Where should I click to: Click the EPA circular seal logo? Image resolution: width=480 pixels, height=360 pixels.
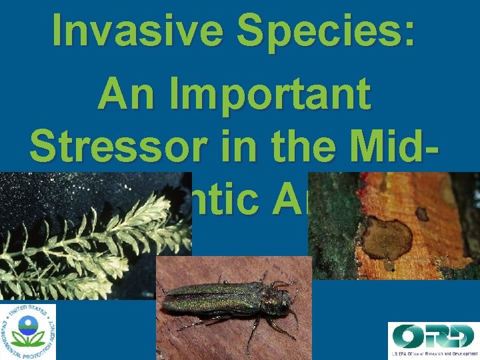point(29,331)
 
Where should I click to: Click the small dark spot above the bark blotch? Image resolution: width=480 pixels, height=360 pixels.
point(421,213)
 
